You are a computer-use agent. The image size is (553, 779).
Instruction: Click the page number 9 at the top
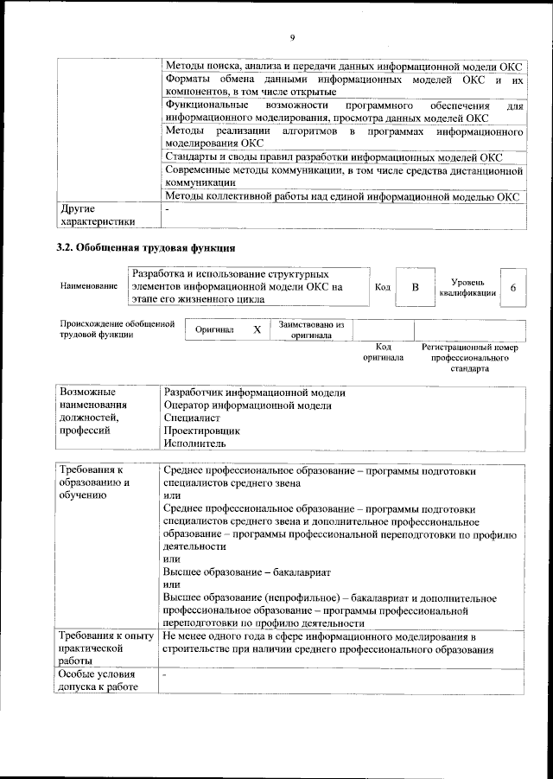293,37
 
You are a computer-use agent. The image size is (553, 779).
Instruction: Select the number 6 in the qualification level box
514,286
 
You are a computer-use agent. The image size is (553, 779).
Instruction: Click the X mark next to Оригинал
257,330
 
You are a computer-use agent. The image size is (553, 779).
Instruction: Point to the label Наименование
89,286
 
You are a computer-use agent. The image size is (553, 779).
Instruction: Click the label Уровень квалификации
467,287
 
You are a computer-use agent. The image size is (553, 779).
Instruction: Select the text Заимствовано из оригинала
311,330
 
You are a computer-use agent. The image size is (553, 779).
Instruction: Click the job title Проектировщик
201,430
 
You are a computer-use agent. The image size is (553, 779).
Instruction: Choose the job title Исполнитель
194,443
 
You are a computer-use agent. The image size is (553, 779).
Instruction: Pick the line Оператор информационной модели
247,405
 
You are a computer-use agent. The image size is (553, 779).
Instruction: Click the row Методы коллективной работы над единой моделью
341,196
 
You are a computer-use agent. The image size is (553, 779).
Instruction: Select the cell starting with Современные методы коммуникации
343,176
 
